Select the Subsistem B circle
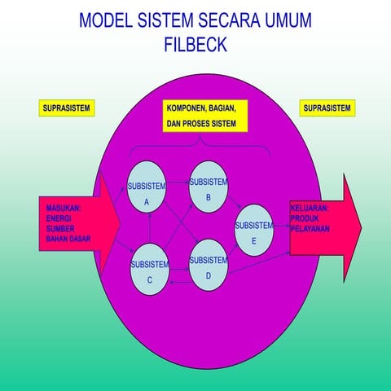click(x=208, y=187)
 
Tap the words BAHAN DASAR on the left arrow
click(x=68, y=239)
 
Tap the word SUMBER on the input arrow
click(x=59, y=229)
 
